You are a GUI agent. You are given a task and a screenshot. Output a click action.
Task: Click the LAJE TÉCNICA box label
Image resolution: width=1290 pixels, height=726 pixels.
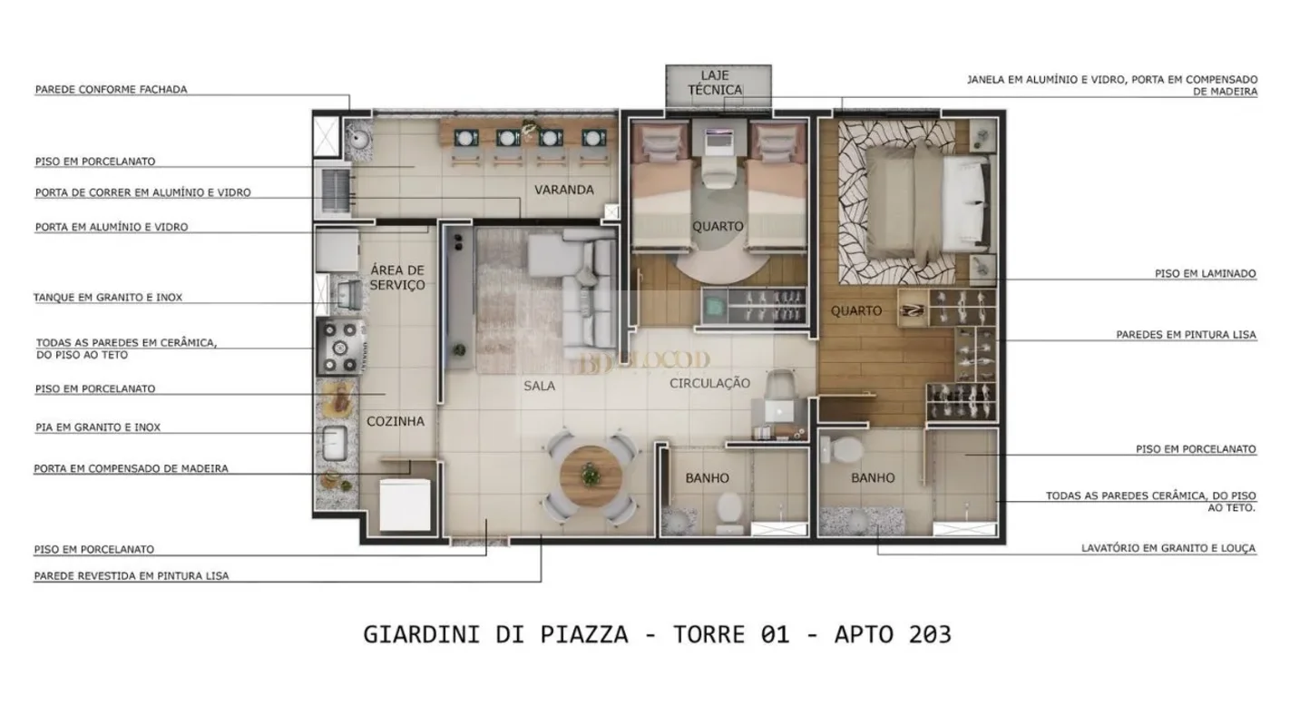click(715, 83)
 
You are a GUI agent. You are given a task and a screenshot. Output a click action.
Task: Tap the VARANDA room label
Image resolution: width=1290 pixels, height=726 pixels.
click(563, 190)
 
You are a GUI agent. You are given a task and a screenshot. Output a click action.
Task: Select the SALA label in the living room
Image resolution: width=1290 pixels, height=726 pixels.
click(539, 386)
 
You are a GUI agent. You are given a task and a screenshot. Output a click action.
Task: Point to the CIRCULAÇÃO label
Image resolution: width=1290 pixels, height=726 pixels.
click(709, 383)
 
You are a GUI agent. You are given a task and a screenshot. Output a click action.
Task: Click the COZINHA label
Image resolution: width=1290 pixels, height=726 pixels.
click(396, 421)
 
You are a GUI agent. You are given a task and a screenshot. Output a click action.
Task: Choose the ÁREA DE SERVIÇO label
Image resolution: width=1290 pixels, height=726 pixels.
click(397, 277)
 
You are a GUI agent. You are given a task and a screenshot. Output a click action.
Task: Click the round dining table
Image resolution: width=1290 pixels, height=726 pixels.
click(591, 476)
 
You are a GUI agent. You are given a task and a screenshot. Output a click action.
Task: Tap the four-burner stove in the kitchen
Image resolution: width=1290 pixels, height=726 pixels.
click(340, 347)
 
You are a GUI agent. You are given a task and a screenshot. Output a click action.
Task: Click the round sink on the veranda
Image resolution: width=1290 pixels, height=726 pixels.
click(358, 138)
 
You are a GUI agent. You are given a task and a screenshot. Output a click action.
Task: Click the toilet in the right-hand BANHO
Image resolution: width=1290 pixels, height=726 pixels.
click(841, 449)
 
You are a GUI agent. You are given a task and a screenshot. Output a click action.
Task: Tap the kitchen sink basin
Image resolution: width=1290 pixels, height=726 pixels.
click(334, 443)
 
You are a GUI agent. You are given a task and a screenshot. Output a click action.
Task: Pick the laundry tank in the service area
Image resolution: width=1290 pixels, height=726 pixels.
click(348, 296)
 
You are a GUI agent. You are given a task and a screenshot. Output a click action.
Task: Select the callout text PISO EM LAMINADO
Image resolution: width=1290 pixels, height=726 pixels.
click(1206, 274)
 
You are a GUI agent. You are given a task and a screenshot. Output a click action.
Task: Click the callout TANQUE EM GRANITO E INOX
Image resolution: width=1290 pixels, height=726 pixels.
click(108, 298)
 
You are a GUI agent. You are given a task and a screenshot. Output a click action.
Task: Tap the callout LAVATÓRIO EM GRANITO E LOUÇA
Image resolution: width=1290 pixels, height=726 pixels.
click(1168, 548)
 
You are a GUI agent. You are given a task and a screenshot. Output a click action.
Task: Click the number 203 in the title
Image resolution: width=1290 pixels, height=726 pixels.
click(930, 634)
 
